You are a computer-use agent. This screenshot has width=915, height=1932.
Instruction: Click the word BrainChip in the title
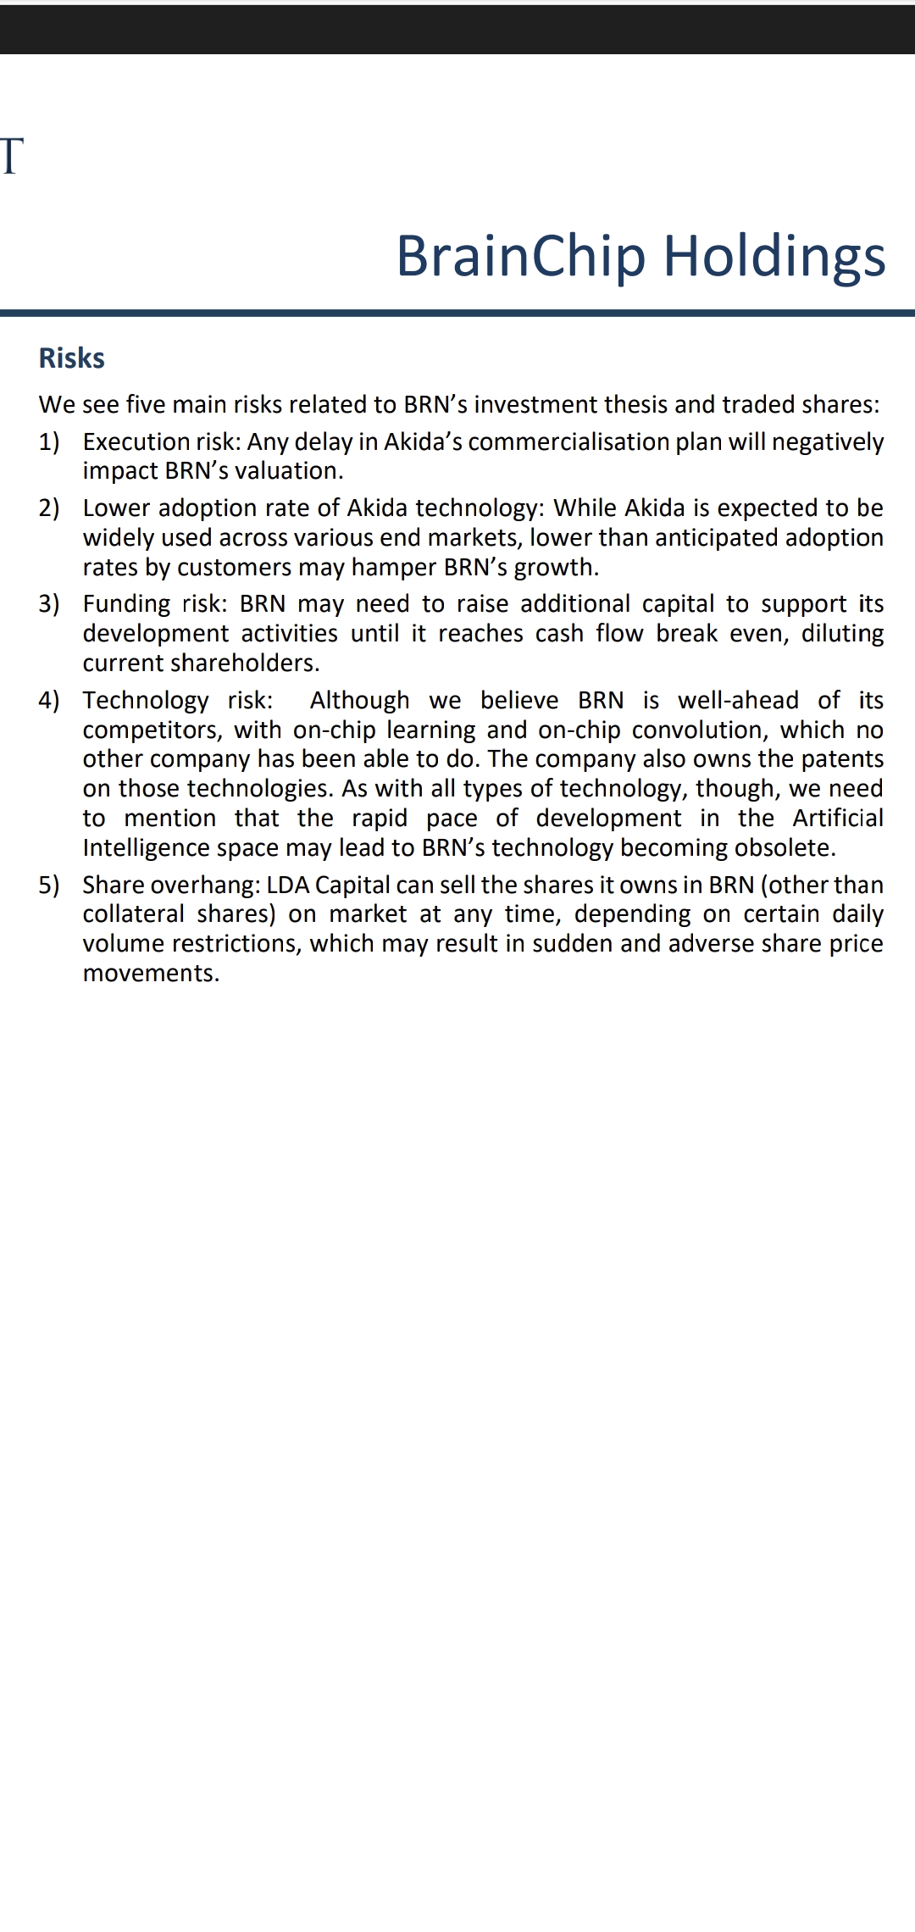click(x=520, y=256)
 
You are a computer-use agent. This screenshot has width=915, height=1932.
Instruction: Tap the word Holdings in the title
click(x=774, y=256)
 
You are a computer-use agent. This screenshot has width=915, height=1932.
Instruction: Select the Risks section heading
click(x=72, y=358)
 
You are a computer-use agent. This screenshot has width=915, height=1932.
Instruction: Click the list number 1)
click(x=49, y=441)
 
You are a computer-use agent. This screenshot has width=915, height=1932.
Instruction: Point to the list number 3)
click(x=49, y=603)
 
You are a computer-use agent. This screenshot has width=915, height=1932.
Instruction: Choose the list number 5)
click(x=49, y=885)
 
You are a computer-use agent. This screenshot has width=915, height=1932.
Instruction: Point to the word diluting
click(x=842, y=633)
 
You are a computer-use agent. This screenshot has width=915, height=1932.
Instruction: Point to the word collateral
click(x=133, y=914)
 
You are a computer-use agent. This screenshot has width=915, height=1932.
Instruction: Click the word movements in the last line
click(x=151, y=973)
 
